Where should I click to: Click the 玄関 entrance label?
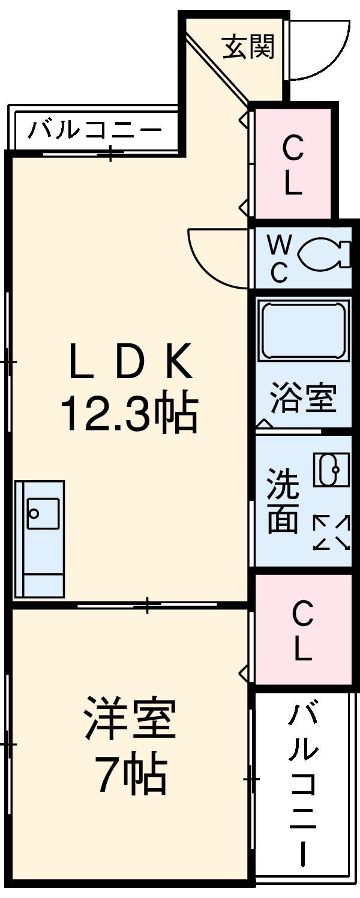pyautogui.click(x=248, y=46)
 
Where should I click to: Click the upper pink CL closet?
pyautogui.click(x=293, y=164)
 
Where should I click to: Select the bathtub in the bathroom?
pyautogui.click(x=303, y=331)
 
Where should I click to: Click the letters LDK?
pyautogui.click(x=130, y=362)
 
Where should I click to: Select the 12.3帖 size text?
pyautogui.click(x=128, y=414)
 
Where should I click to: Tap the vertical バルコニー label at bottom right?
pyautogui.click(x=302, y=786)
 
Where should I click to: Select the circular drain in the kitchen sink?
pyautogui.click(x=34, y=514)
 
